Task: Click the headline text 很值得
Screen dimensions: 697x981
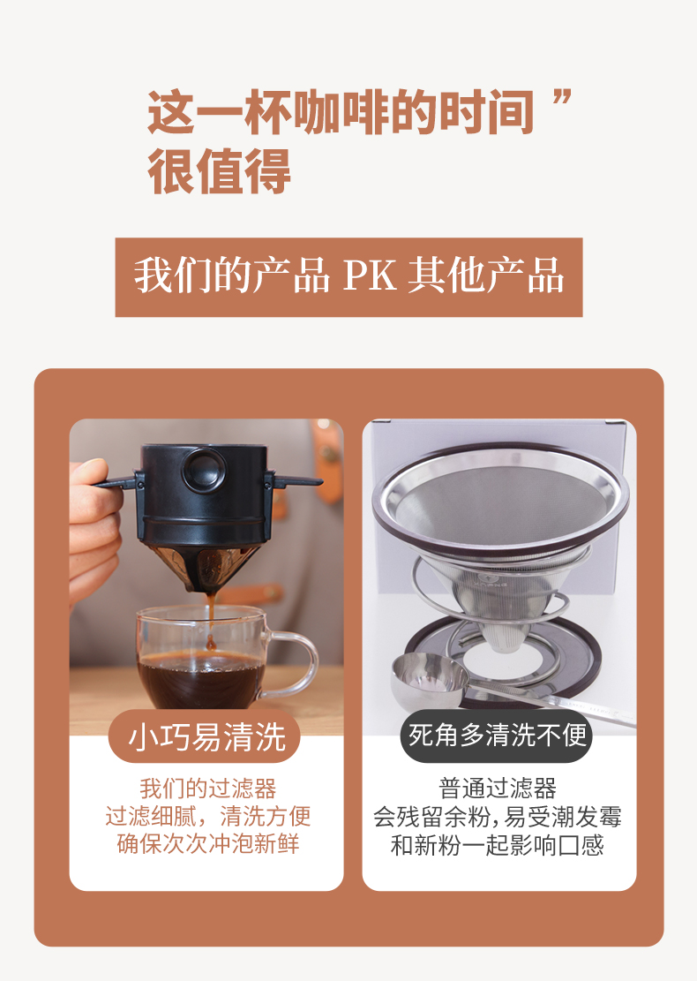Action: click(219, 171)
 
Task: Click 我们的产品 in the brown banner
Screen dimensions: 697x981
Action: click(231, 275)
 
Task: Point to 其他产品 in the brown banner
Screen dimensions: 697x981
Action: click(486, 275)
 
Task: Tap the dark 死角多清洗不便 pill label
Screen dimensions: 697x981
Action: click(497, 736)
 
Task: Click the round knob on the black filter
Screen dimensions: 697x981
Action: click(204, 469)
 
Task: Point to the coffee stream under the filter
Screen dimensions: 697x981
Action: click(211, 619)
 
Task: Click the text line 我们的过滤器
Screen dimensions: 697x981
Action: click(207, 789)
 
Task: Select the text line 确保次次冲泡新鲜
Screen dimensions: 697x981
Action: click(207, 843)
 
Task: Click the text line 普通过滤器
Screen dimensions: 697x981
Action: click(498, 789)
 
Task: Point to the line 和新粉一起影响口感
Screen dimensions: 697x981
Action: click(498, 845)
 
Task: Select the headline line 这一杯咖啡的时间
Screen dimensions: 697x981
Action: click(341, 113)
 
